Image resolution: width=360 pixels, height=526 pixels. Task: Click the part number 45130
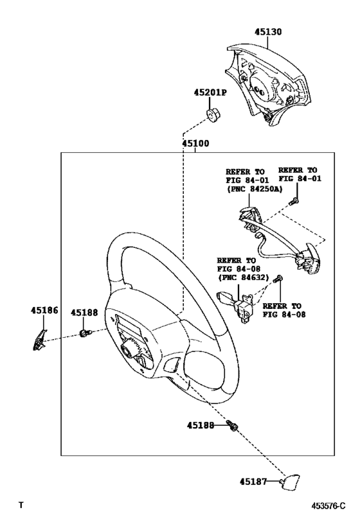coord(267,31)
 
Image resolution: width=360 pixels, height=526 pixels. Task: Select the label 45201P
coord(210,92)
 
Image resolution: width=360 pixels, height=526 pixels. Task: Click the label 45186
coord(44,310)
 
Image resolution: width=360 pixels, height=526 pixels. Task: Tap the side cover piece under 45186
coord(39,338)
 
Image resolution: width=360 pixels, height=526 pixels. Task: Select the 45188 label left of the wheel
coord(84,313)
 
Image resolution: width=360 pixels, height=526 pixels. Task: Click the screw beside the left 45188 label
coord(84,333)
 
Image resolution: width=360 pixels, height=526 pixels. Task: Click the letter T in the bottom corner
coord(22,506)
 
